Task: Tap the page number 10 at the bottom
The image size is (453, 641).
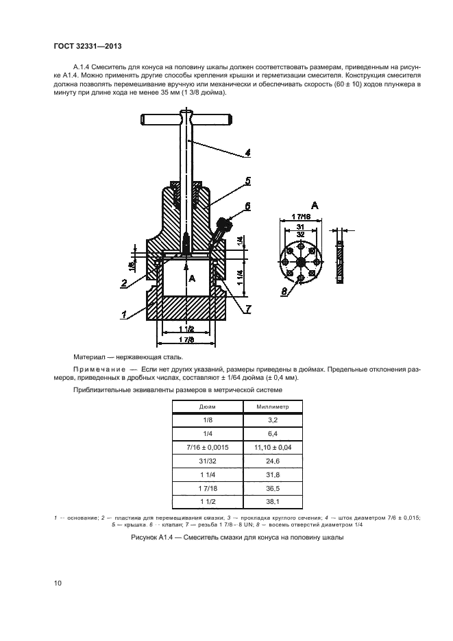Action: [x=58, y=583]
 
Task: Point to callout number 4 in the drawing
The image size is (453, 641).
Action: [x=247, y=153]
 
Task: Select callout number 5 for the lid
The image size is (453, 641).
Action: [x=247, y=181]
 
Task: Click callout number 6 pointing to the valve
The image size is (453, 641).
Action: [x=247, y=206]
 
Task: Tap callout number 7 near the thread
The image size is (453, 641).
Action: [x=247, y=308]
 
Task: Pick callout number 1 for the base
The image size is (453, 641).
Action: [x=124, y=315]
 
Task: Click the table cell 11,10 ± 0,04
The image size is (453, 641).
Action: [x=272, y=446]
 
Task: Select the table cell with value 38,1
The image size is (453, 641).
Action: [x=272, y=503]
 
